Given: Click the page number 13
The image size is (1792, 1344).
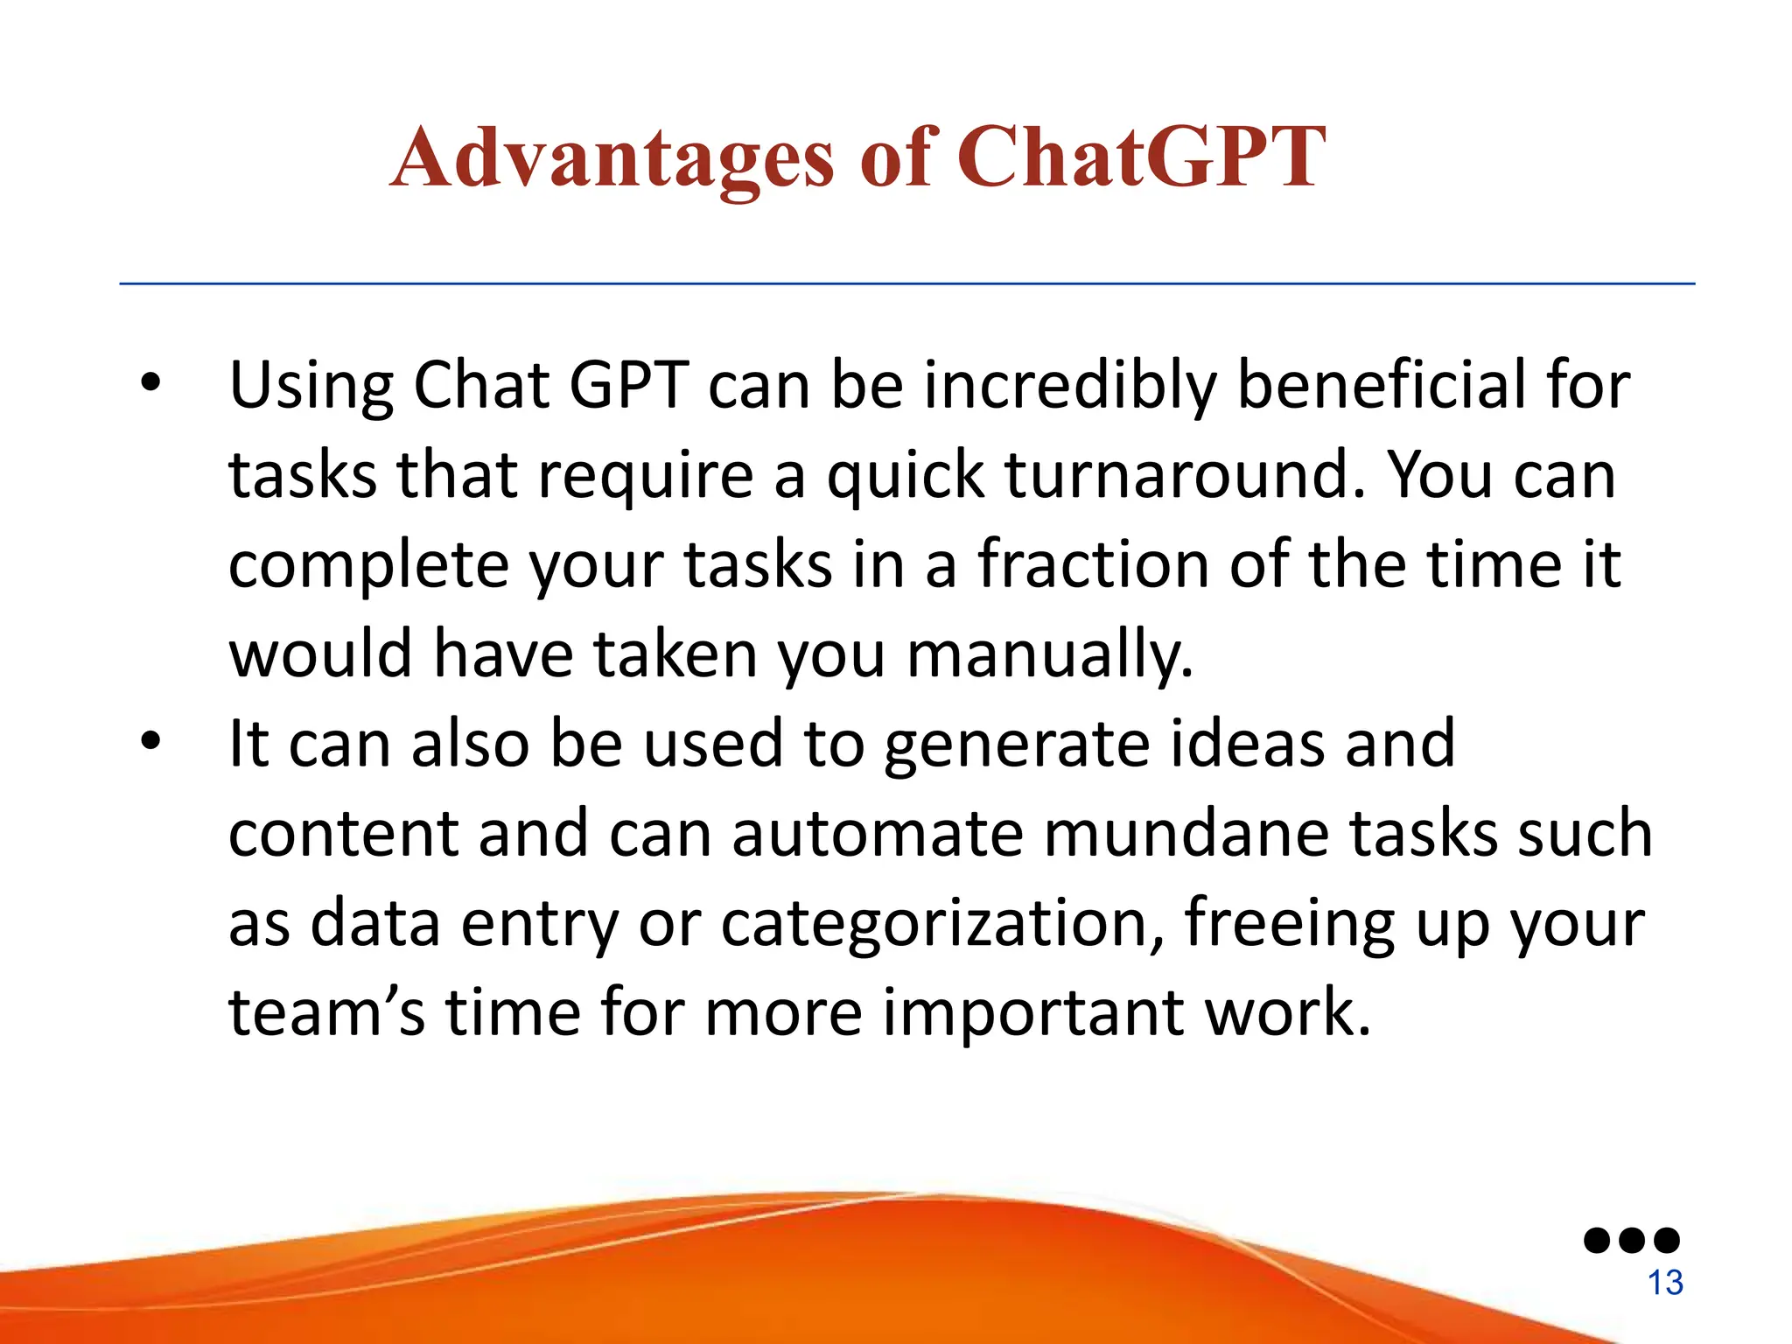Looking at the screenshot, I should pyautogui.click(x=1665, y=1283).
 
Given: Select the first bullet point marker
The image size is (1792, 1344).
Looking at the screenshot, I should pyautogui.click(x=150, y=382).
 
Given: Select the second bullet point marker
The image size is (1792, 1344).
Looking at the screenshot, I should pyautogui.click(x=150, y=741).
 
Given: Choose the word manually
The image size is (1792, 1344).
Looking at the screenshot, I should pyautogui.click(x=1049, y=655).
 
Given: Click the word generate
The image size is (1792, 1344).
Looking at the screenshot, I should pyautogui.click(x=1015, y=745).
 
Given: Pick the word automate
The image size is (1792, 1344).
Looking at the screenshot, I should pyautogui.click(x=878, y=834).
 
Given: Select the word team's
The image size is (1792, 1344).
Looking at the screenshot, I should pyautogui.click(x=326, y=1012).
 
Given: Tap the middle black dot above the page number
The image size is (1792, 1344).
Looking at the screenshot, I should pyautogui.click(x=1632, y=1240).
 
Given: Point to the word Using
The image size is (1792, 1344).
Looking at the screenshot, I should pyautogui.click(x=311, y=387).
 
